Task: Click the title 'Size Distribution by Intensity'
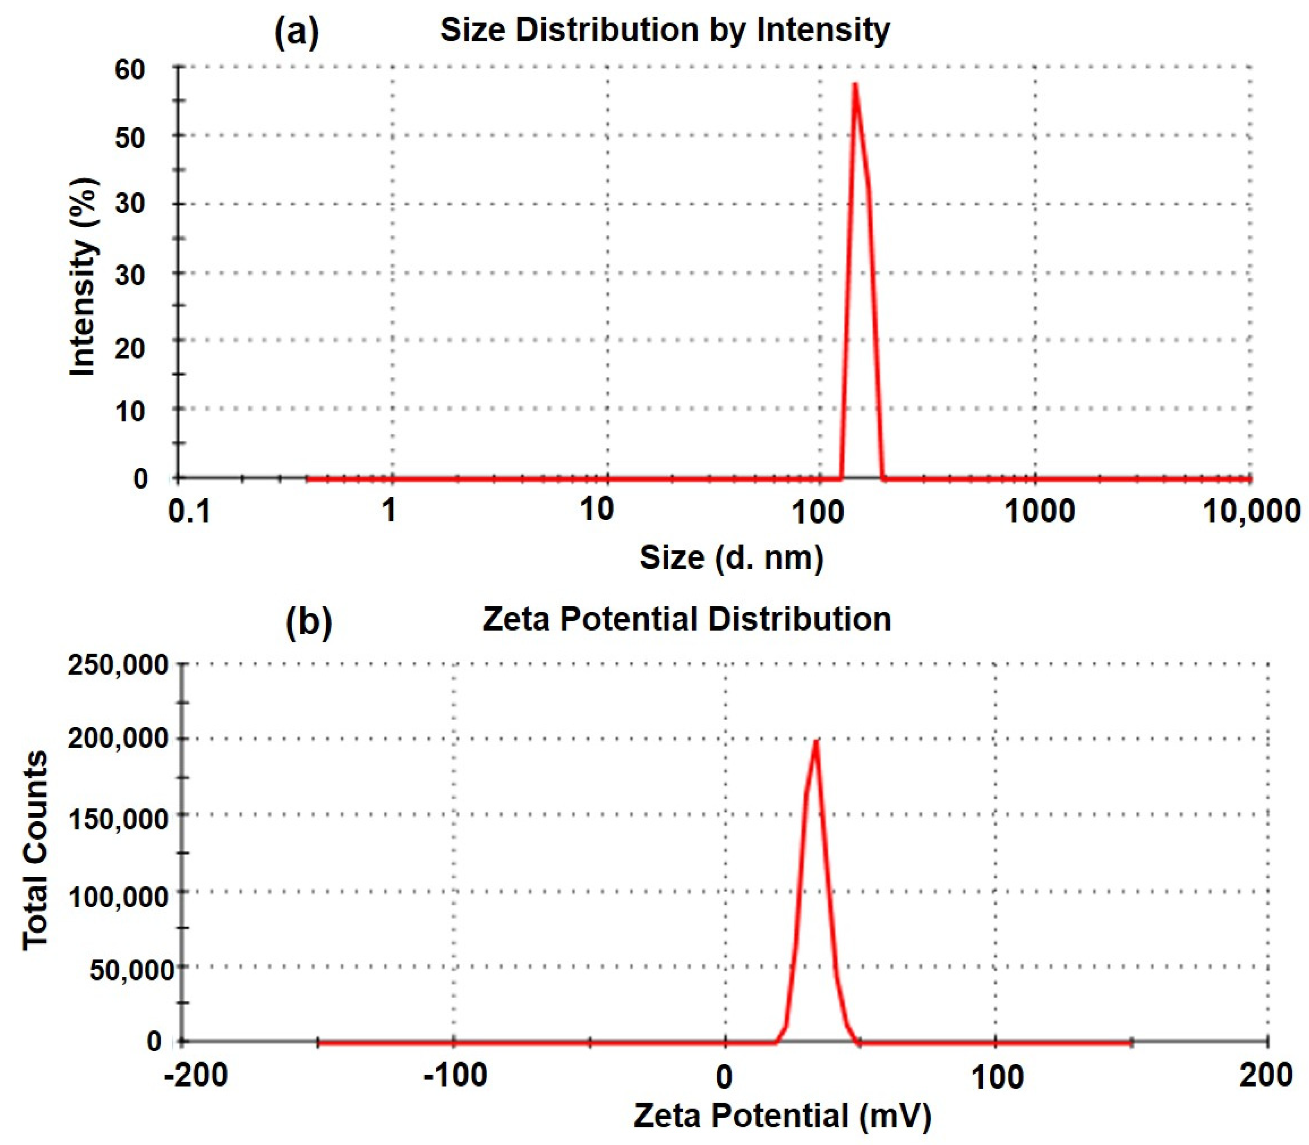tap(665, 30)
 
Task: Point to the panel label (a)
tap(296, 32)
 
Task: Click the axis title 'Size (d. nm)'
tap(732, 558)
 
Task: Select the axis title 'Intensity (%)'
tap(83, 276)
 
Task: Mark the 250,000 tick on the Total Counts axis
tap(118, 665)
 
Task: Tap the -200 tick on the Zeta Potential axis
tap(196, 1075)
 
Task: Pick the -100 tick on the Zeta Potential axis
tap(455, 1075)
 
